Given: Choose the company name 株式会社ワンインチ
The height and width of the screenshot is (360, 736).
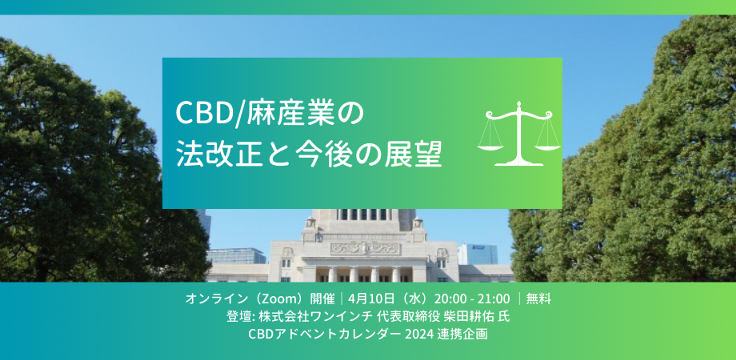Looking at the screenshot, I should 316,316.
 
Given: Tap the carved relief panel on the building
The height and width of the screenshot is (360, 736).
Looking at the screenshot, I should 364,249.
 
